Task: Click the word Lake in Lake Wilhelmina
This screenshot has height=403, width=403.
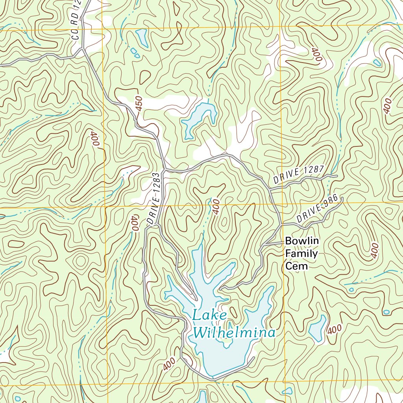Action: pos(209,316)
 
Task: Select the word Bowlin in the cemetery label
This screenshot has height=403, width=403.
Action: pos(302,241)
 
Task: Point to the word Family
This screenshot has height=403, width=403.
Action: pos(301,253)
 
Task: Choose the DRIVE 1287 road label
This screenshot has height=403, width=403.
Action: pos(298,174)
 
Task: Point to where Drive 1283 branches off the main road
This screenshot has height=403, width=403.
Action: pos(164,170)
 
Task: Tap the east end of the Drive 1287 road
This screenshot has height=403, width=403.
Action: pos(337,176)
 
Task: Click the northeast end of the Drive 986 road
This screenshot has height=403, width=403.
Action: pos(342,198)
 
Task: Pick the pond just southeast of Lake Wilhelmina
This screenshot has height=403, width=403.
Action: pos(317,328)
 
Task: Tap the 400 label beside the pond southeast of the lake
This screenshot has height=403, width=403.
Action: pos(334,329)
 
